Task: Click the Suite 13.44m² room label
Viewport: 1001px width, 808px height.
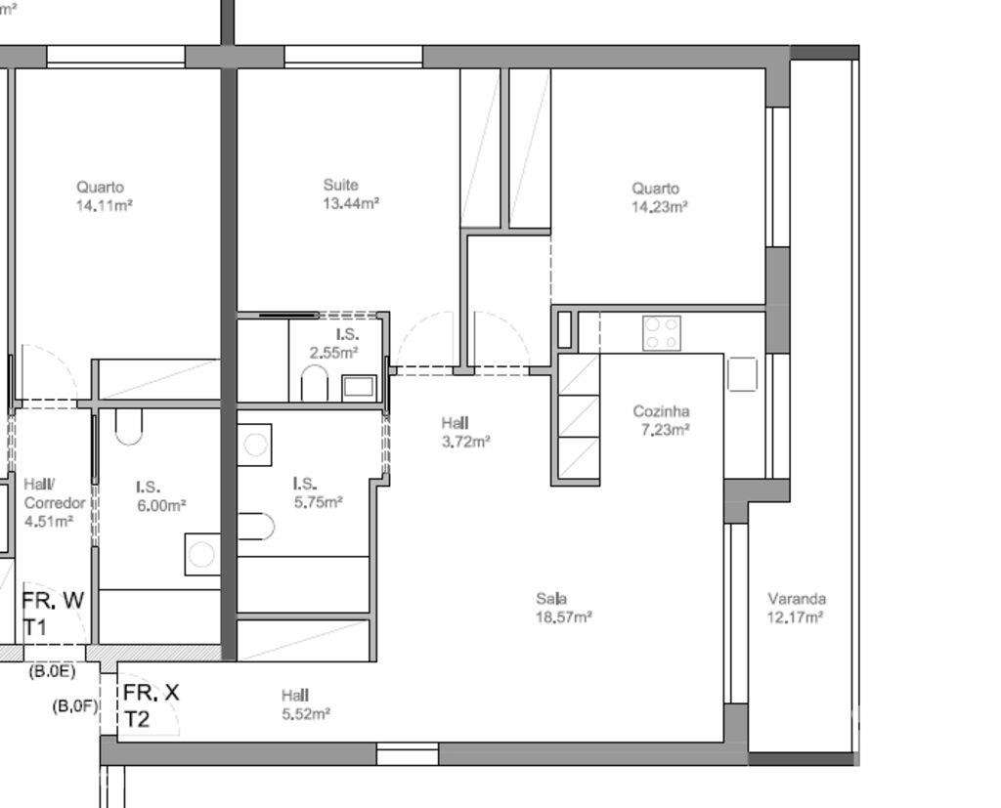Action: pyautogui.click(x=350, y=194)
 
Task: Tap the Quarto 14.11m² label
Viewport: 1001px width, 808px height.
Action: pyautogui.click(x=104, y=196)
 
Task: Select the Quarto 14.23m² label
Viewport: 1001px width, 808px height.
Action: pyautogui.click(x=659, y=197)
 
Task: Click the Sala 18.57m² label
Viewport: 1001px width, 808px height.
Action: pyautogui.click(x=563, y=608)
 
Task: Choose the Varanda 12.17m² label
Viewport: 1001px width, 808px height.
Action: pyautogui.click(x=795, y=608)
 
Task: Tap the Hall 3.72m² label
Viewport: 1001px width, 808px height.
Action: pyautogui.click(x=464, y=432)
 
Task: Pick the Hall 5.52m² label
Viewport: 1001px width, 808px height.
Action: pyautogui.click(x=305, y=704)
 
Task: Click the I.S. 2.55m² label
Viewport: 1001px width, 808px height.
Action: pyautogui.click(x=334, y=344)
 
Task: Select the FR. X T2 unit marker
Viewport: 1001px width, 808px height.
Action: pyautogui.click(x=150, y=705)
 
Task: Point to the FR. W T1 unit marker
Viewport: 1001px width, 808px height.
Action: pyautogui.click(x=53, y=614)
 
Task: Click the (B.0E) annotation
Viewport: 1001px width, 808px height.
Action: pyautogui.click(x=51, y=672)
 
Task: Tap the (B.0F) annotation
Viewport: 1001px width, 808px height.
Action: pyautogui.click(x=75, y=705)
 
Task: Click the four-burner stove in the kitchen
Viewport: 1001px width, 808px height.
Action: pyautogui.click(x=662, y=333)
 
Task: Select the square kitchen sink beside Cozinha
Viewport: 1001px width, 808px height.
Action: pyautogui.click(x=742, y=374)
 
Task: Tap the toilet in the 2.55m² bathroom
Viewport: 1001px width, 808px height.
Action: pyautogui.click(x=315, y=383)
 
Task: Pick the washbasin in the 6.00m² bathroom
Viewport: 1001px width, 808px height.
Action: pyautogui.click(x=201, y=554)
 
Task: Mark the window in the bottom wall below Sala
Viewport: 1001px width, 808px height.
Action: pyautogui.click(x=407, y=753)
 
